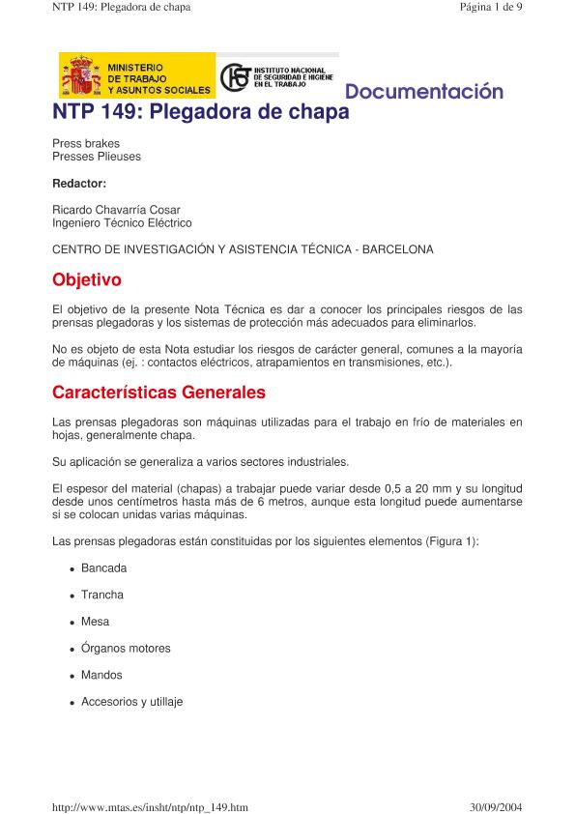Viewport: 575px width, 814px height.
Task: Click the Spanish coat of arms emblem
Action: click(x=81, y=76)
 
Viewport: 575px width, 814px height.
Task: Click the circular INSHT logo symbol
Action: click(x=235, y=77)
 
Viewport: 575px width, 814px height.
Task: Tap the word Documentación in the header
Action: click(x=424, y=93)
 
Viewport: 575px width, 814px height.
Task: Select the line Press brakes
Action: click(x=86, y=143)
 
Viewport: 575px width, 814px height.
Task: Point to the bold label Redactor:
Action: click(x=79, y=183)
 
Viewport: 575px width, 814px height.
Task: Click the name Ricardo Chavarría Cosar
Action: click(x=116, y=210)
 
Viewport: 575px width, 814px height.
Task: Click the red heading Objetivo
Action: click(x=87, y=280)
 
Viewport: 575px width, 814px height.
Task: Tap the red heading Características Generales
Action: click(x=158, y=393)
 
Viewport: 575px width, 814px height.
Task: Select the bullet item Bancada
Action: click(x=103, y=568)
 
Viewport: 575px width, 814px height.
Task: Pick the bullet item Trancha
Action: click(x=102, y=595)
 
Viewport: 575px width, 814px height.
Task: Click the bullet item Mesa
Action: click(x=96, y=622)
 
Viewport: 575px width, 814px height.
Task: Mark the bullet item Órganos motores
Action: click(x=126, y=649)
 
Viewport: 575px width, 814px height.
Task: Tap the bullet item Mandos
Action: click(x=101, y=675)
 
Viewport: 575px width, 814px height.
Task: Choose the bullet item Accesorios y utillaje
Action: click(x=132, y=702)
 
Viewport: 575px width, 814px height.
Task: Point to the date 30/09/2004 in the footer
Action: click(x=494, y=805)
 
